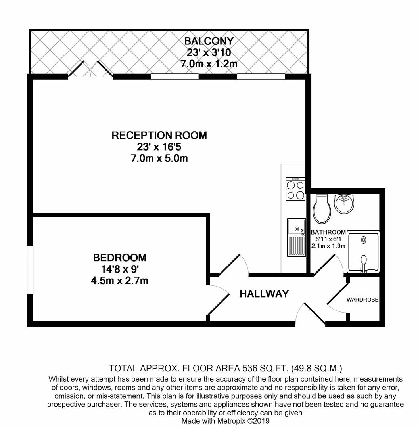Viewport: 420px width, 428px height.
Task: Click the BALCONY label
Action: (x=209, y=41)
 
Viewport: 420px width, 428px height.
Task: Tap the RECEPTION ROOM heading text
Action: (x=159, y=136)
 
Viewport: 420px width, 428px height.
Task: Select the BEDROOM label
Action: (x=120, y=258)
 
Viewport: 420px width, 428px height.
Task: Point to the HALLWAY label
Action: (x=264, y=294)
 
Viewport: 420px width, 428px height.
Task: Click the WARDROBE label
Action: (x=362, y=300)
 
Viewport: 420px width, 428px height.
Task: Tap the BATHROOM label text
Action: (x=328, y=232)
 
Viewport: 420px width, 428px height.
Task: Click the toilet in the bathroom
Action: (x=322, y=208)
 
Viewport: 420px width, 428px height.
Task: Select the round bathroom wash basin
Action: (x=344, y=204)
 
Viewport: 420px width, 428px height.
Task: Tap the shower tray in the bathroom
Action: (x=363, y=252)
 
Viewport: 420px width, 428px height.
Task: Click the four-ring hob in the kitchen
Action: (x=295, y=188)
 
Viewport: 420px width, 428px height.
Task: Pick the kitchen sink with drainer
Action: (x=296, y=237)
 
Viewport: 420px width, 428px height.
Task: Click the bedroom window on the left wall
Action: (x=30, y=270)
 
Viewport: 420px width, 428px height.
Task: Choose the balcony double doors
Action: (x=90, y=70)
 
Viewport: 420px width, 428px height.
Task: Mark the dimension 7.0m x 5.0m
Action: (x=159, y=158)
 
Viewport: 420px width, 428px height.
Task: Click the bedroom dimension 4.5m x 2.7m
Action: (x=120, y=281)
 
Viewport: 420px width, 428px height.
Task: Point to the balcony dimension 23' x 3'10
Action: (x=209, y=52)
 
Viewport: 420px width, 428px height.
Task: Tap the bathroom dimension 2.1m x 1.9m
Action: (x=328, y=246)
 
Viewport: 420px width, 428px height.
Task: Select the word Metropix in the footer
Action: (x=232, y=420)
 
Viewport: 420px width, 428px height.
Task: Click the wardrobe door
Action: (x=338, y=294)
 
